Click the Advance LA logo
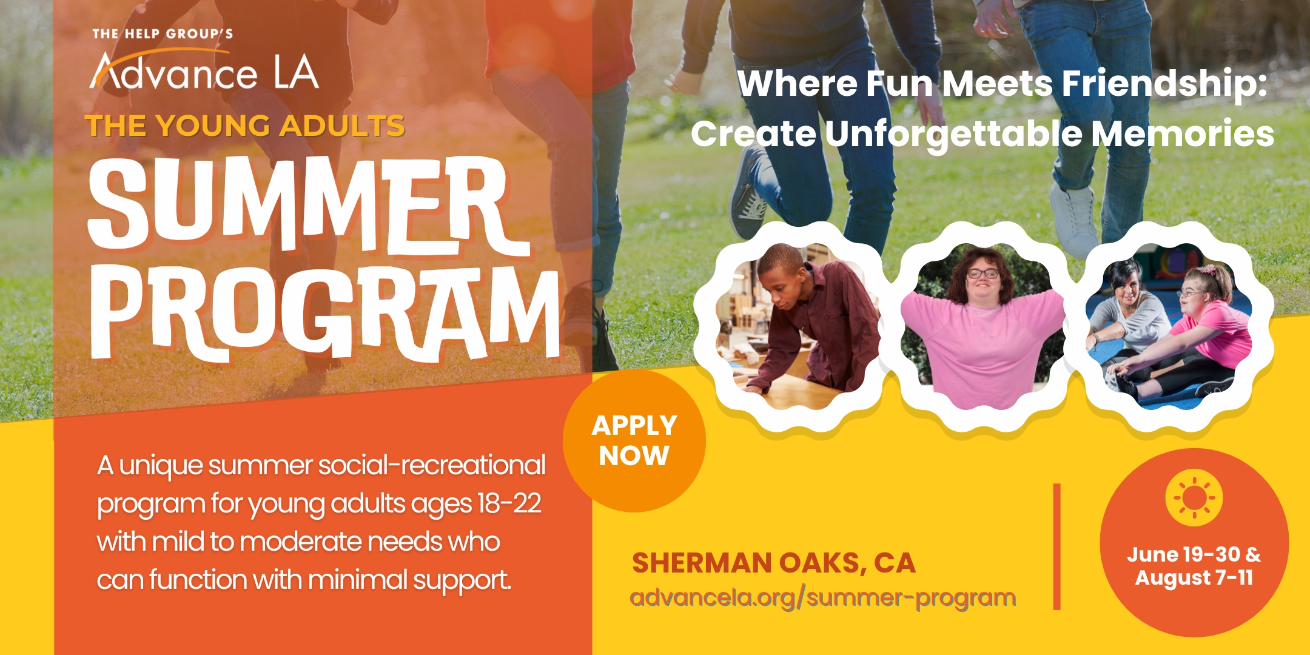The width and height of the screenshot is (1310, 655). tap(204, 71)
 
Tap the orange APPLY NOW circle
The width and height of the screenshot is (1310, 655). tap(634, 441)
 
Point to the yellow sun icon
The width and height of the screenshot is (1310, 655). tap(1194, 498)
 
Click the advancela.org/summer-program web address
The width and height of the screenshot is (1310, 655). tap(823, 597)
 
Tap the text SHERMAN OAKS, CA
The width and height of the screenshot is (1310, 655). tap(773, 563)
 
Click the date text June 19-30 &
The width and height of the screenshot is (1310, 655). tap(1194, 554)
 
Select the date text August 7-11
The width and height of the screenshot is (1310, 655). tap(1194, 578)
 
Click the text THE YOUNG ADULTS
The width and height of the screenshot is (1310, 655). tap(245, 126)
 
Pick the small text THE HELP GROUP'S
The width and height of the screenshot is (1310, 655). tap(163, 34)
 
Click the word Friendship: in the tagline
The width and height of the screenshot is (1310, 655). tap(1164, 83)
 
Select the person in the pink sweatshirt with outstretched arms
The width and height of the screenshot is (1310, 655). tap(982, 327)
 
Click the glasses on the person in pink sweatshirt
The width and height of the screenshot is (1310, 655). tap(982, 274)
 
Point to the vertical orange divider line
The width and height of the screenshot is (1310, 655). tap(1056, 546)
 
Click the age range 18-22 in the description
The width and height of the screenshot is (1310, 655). tap(509, 503)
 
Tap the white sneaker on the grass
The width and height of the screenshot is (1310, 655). tap(1075, 218)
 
